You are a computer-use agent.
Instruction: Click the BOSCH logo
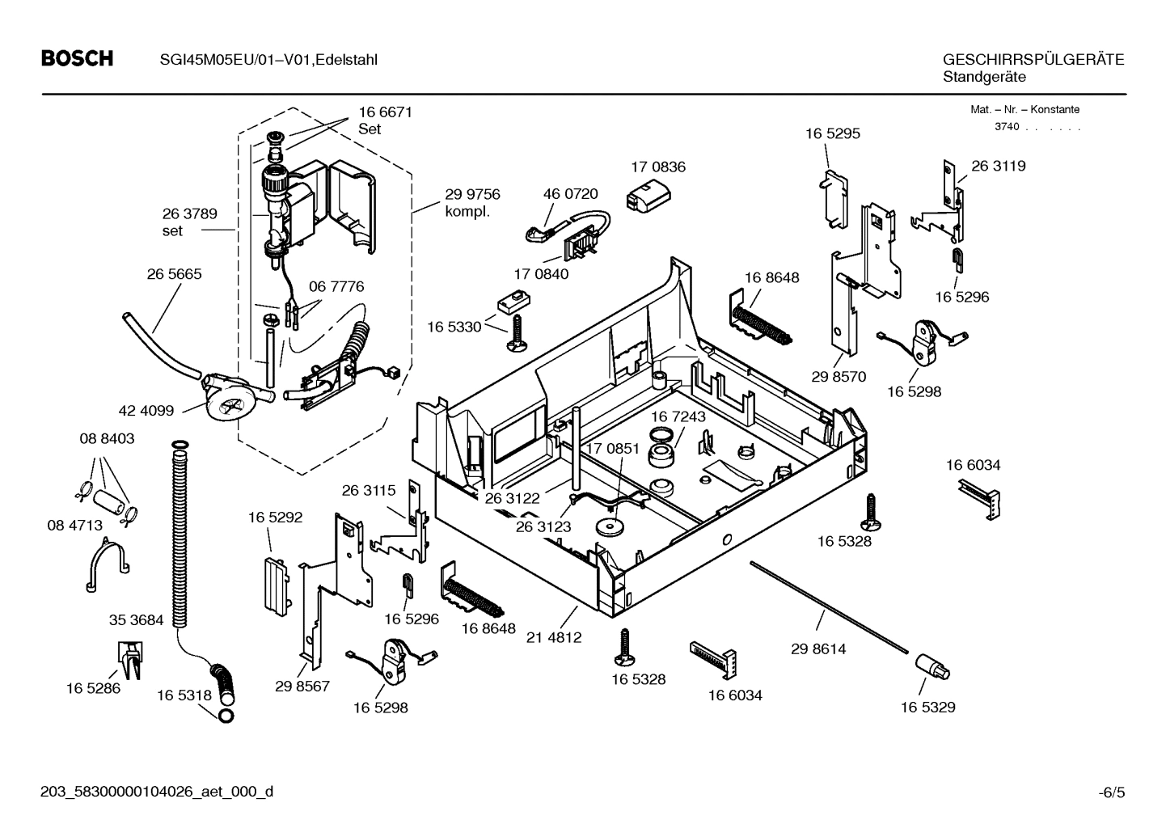pos(77,59)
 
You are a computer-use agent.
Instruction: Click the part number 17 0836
pos(657,167)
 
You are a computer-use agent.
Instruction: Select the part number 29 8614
pos(818,649)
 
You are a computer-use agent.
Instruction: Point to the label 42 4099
pos(146,411)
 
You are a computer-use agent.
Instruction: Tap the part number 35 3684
pos(136,620)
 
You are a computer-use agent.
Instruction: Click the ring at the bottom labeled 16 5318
pos(226,715)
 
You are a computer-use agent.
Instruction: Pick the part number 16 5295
pos(832,133)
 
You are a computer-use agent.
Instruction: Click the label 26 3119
pos(998,166)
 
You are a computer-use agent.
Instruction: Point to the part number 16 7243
pos(678,416)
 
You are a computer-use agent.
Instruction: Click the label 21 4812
pos(554,637)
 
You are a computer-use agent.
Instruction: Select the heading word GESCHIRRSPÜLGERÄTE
pos(1033,60)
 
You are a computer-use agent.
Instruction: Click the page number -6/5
pos(1112,792)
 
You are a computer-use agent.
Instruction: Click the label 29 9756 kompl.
pos(472,203)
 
